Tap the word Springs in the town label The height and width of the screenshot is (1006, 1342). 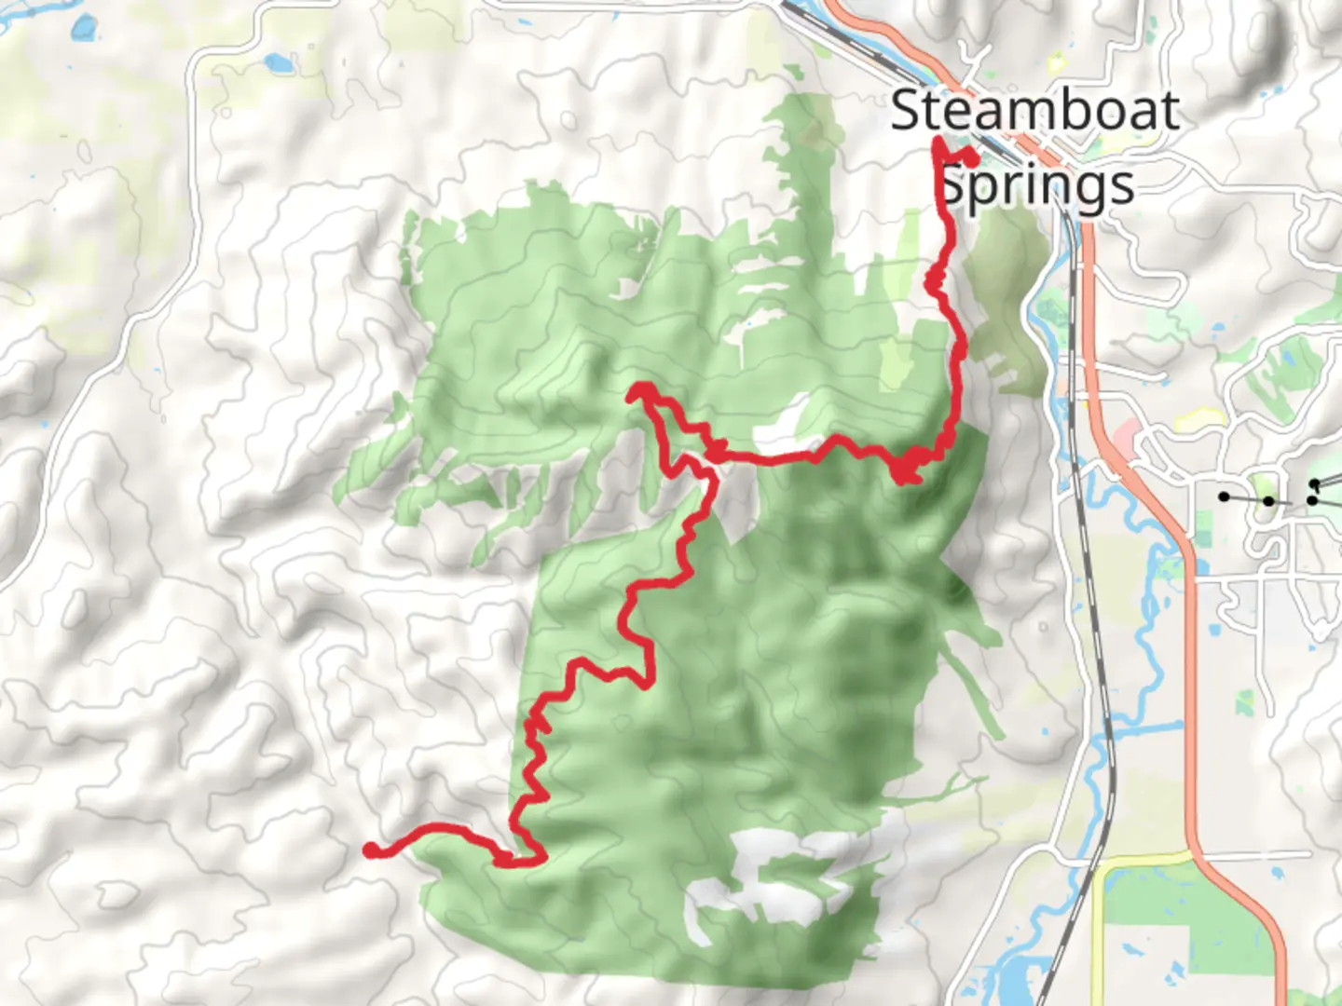click(1036, 184)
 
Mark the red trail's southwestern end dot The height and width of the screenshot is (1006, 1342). click(371, 849)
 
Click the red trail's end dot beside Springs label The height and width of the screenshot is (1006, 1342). click(970, 159)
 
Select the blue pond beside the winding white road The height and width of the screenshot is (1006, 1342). click(277, 63)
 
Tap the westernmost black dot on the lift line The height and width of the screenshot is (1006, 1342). click(1224, 496)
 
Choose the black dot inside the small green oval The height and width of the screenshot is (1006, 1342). click(1268, 501)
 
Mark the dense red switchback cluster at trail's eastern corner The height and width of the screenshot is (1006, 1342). click(909, 466)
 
